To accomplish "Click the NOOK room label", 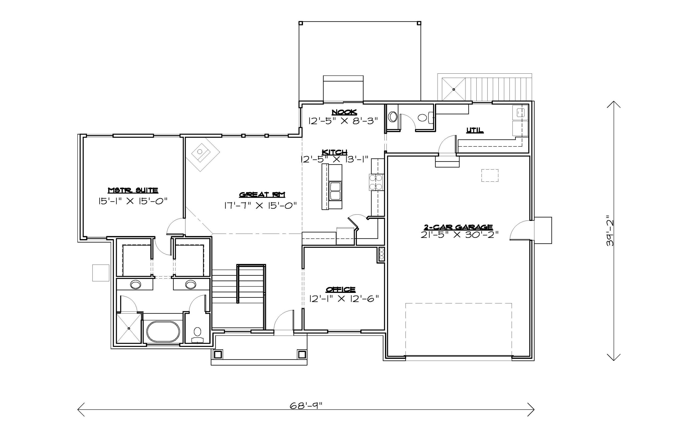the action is pos(344,112).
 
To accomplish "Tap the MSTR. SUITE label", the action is pos(133,190).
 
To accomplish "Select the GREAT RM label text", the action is pos(262,195).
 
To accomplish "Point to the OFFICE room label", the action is pos(340,289).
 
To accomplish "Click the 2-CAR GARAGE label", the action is pos(458,227).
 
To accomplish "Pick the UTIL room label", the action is pos(474,130).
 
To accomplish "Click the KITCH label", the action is pos(335,152).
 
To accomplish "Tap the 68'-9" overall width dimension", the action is pos(306,406).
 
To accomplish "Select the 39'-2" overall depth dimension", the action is pos(610,230).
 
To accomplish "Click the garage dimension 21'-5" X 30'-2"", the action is pos(459,235).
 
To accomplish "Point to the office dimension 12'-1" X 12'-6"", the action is pos(344,299).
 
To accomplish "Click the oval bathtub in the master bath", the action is pos(163,331).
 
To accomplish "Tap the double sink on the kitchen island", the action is pos(335,191).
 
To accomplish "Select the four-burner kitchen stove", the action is pos(376,182).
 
